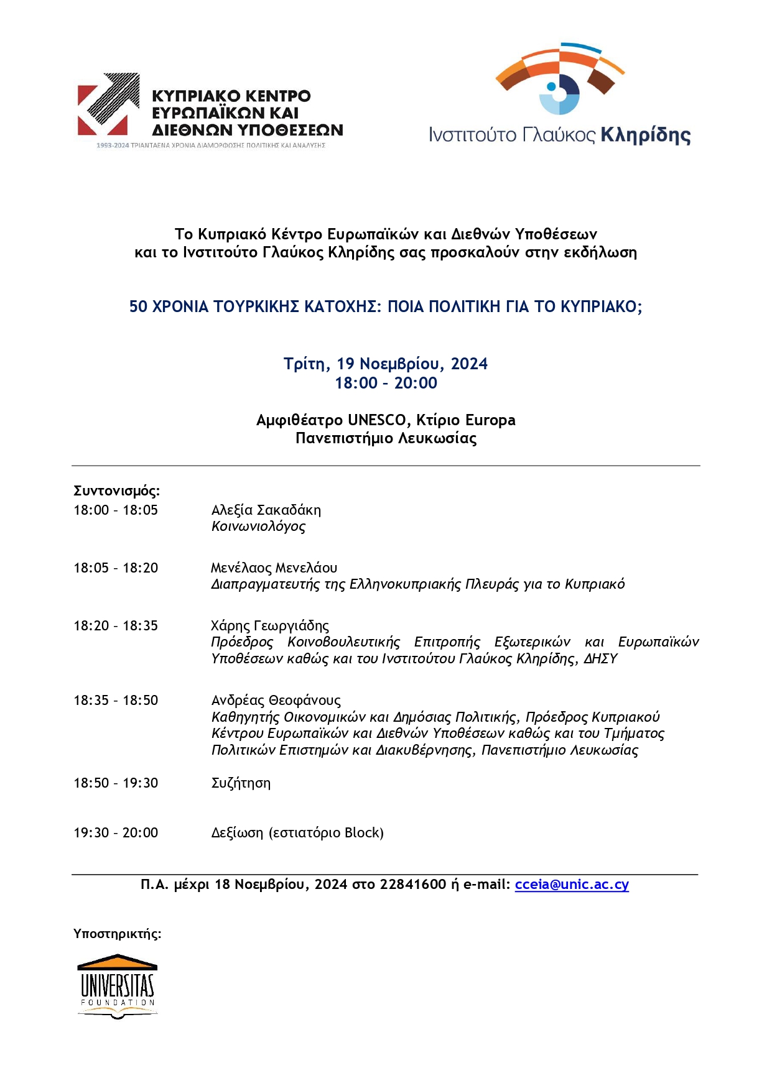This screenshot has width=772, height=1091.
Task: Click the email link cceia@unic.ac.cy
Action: point(572,884)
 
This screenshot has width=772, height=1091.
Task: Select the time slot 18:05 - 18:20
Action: point(116,568)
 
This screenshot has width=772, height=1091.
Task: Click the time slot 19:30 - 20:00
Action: point(116,832)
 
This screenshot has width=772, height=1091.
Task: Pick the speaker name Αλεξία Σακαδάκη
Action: point(266,510)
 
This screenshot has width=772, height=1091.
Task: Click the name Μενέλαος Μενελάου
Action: point(274,568)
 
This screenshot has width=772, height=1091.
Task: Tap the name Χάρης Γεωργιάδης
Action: point(270,625)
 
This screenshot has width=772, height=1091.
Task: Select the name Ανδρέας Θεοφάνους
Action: point(276,700)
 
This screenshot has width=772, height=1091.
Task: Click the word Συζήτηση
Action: point(241,783)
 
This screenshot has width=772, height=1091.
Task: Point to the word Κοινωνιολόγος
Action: point(258,527)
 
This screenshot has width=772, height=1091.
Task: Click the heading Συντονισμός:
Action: point(116,490)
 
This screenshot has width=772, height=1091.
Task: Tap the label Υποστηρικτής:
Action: point(117,933)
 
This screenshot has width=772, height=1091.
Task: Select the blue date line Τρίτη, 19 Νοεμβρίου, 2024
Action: point(386,364)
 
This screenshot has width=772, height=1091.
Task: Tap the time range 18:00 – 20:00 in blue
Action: point(386,383)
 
